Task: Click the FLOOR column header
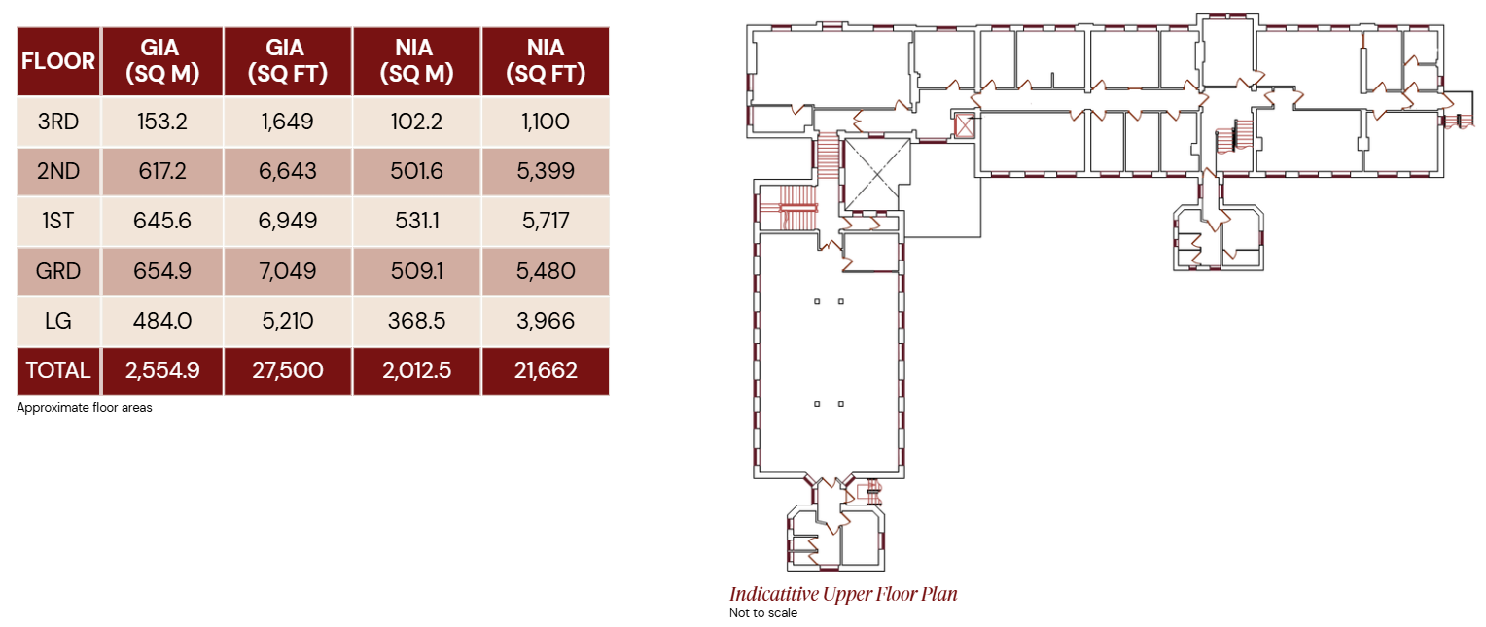58,61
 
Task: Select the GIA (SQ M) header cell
161,61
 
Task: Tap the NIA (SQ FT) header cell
546,61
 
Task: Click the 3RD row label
58,122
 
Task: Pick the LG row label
58,321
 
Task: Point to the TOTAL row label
58,370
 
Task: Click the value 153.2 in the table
161,122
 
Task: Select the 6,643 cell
287,171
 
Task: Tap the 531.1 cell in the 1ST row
416,221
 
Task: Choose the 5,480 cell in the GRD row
546,271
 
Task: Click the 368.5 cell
416,321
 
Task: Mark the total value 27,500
287,370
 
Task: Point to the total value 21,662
546,370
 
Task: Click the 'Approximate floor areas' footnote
85,408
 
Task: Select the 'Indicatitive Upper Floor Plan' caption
843,594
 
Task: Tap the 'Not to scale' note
762,613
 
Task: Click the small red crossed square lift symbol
964,126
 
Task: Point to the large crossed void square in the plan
876,174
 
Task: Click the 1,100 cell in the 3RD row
546,122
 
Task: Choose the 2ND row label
58,171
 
